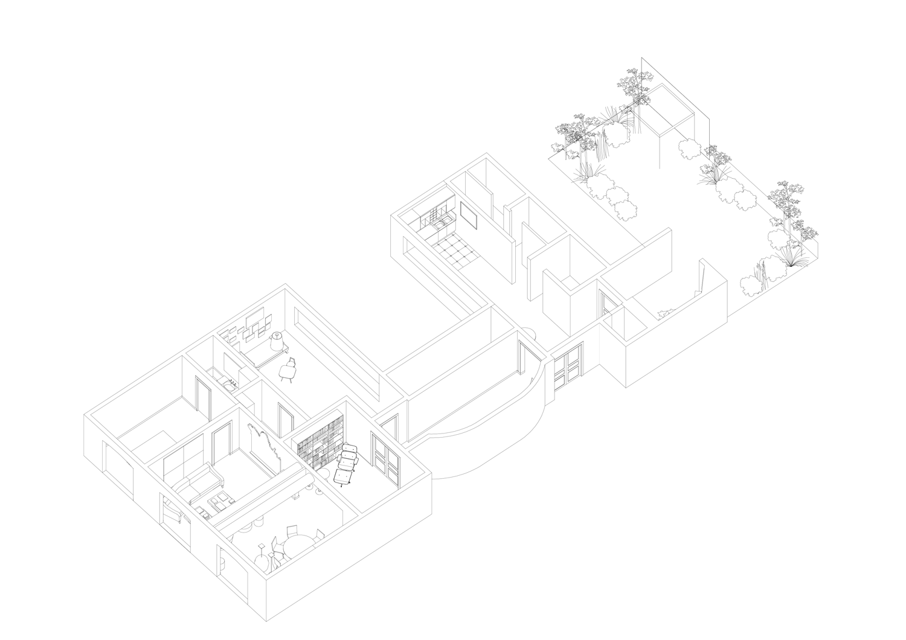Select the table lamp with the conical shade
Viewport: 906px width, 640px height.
(x=277, y=341)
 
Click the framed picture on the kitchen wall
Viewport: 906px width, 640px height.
(x=469, y=217)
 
